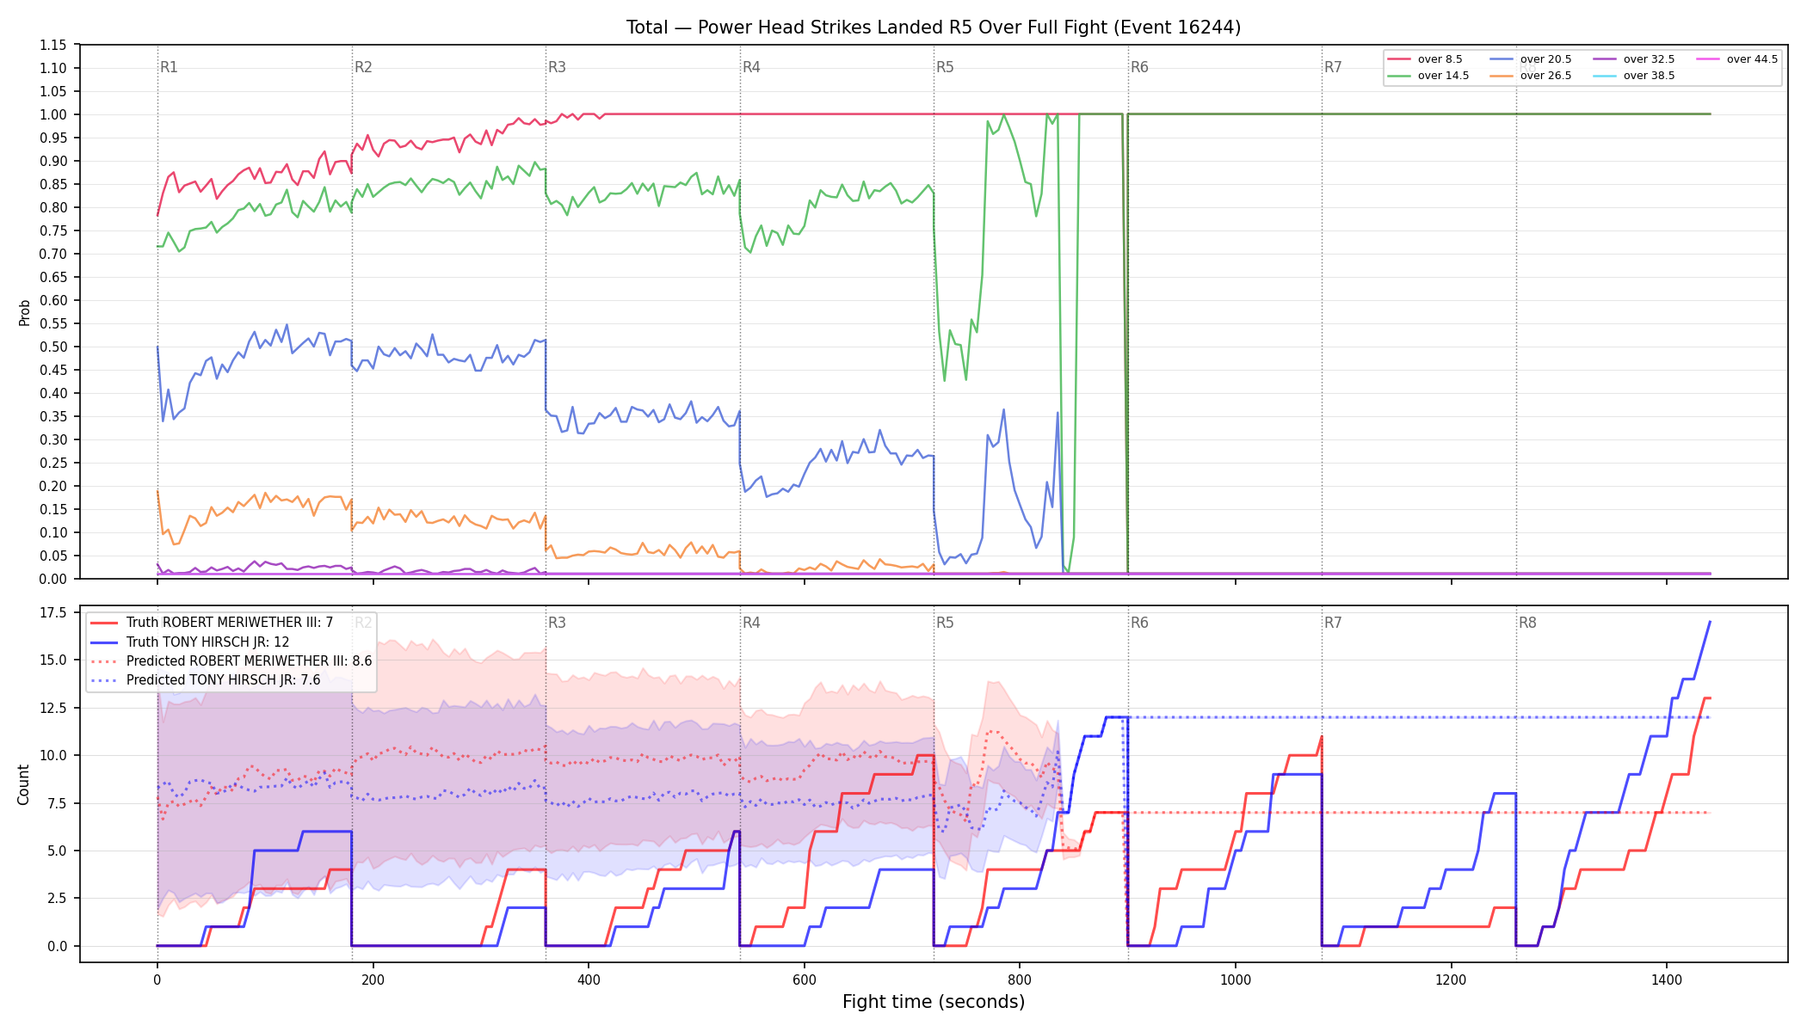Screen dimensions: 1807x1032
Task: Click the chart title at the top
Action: coord(934,28)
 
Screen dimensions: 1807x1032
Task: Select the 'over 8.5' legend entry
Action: coord(1425,59)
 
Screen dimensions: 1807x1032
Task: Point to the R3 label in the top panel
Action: coord(557,67)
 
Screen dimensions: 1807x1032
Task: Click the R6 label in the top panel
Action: coord(1139,67)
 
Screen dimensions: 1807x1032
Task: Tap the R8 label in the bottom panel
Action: coord(1527,623)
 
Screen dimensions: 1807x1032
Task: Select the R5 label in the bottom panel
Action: coord(945,623)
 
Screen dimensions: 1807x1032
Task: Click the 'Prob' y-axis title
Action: coord(24,312)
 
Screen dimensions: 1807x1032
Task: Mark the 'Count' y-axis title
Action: coord(23,784)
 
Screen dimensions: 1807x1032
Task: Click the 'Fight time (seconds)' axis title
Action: coord(934,1002)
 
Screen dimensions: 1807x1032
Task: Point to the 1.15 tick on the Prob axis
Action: coord(52,45)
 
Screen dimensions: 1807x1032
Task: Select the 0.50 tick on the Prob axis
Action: coord(52,347)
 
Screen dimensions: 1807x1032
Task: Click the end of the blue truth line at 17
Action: coord(1710,622)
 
